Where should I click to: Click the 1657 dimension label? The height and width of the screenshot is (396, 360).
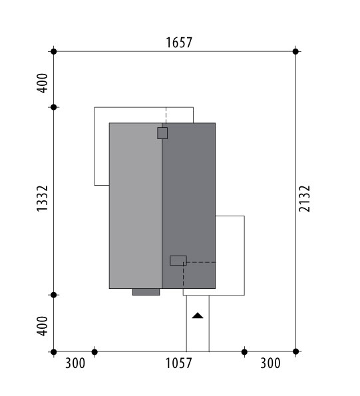click(179, 43)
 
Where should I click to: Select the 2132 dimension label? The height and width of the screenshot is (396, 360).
click(304, 198)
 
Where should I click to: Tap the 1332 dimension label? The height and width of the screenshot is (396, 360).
click(42, 198)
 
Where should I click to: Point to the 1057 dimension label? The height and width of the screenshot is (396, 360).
click(178, 363)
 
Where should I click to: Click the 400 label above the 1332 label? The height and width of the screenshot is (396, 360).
click(42, 83)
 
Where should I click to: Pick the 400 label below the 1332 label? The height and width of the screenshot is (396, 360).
click(42, 326)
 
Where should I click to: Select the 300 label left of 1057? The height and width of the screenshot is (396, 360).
click(75, 363)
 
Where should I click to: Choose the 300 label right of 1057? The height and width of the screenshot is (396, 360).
click(270, 363)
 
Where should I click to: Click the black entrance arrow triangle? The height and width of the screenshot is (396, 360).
click(198, 315)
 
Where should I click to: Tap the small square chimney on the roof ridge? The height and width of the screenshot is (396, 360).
click(162, 133)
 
